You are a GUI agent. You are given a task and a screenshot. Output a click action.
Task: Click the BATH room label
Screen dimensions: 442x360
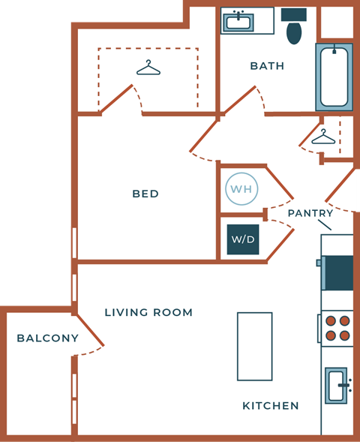(267, 66)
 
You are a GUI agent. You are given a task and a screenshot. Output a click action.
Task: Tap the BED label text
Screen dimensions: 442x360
(145, 194)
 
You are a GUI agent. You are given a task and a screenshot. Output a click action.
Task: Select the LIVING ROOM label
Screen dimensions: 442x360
(148, 312)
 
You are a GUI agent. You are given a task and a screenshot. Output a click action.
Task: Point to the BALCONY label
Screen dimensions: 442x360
(47, 338)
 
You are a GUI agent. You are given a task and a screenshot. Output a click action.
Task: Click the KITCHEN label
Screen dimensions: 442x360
(271, 406)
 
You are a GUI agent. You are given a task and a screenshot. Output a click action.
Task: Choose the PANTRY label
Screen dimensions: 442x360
(310, 213)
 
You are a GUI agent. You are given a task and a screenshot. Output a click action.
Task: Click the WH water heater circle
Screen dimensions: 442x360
(241, 189)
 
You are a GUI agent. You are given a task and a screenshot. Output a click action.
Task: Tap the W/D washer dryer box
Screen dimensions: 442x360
(242, 239)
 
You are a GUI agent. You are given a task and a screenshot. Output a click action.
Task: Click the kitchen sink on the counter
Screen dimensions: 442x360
(337, 386)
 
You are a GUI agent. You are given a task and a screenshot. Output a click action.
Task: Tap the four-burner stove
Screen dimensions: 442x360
(337, 327)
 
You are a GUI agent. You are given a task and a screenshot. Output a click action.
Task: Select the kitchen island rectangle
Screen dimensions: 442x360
(254, 346)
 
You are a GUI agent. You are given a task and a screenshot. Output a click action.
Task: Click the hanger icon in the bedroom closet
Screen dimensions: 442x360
(148, 69)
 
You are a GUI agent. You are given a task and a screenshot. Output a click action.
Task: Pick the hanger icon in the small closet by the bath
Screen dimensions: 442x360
(323, 137)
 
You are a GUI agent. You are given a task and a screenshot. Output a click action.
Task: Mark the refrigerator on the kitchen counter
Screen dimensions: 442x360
(337, 272)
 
